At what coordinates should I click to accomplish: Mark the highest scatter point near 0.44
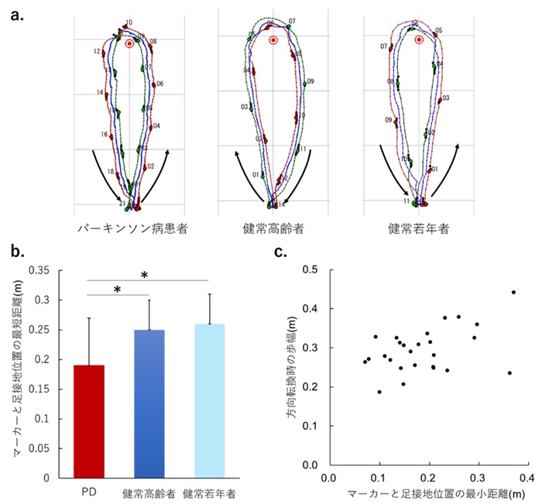click(513, 293)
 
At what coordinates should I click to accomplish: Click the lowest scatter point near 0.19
click(379, 392)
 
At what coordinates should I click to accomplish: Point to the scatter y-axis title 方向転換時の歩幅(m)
click(294, 367)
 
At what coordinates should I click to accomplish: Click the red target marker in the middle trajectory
click(273, 40)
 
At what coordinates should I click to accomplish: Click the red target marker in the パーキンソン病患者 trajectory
click(129, 44)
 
